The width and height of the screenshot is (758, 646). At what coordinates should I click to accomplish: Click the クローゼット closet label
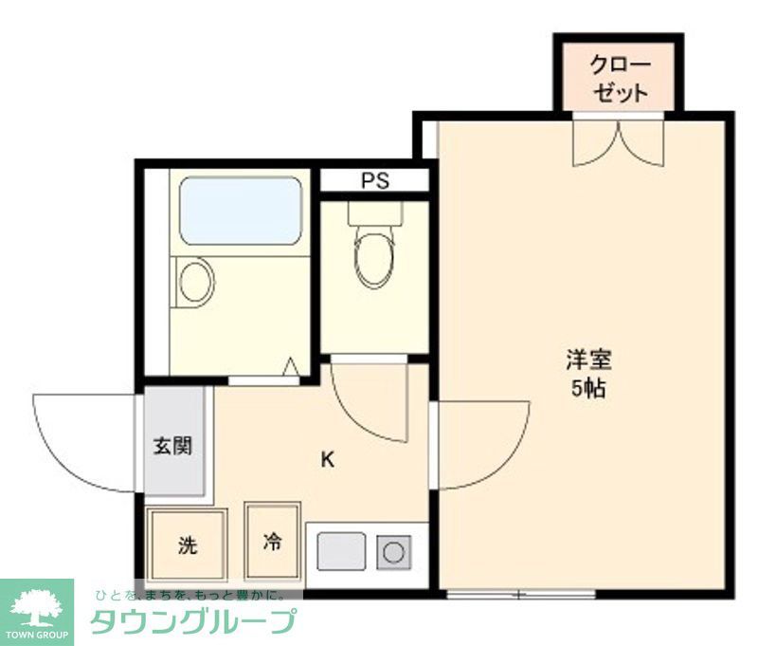[x=619, y=79]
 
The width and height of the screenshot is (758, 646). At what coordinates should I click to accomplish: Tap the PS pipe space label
[x=374, y=181]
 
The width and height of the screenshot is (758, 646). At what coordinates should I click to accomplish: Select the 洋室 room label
[x=588, y=360]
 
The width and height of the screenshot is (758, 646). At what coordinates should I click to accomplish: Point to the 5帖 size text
[x=588, y=388]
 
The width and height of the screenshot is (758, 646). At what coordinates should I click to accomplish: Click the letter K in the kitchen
[x=327, y=461]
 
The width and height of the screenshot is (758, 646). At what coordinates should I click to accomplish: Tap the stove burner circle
[x=392, y=551]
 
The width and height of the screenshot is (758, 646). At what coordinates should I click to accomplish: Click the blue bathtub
[x=241, y=210]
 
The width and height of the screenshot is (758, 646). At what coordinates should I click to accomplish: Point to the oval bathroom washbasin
[x=195, y=282]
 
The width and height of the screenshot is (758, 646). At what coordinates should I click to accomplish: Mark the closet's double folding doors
[x=619, y=142]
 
